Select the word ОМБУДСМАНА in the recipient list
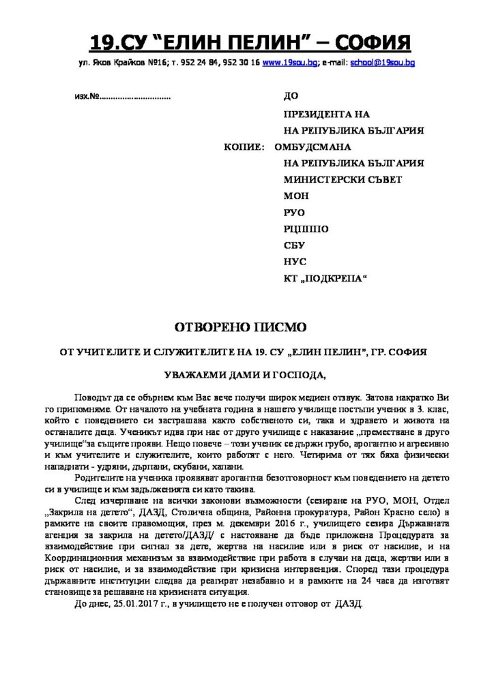[313, 147]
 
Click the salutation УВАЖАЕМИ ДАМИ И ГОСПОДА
[247, 374]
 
